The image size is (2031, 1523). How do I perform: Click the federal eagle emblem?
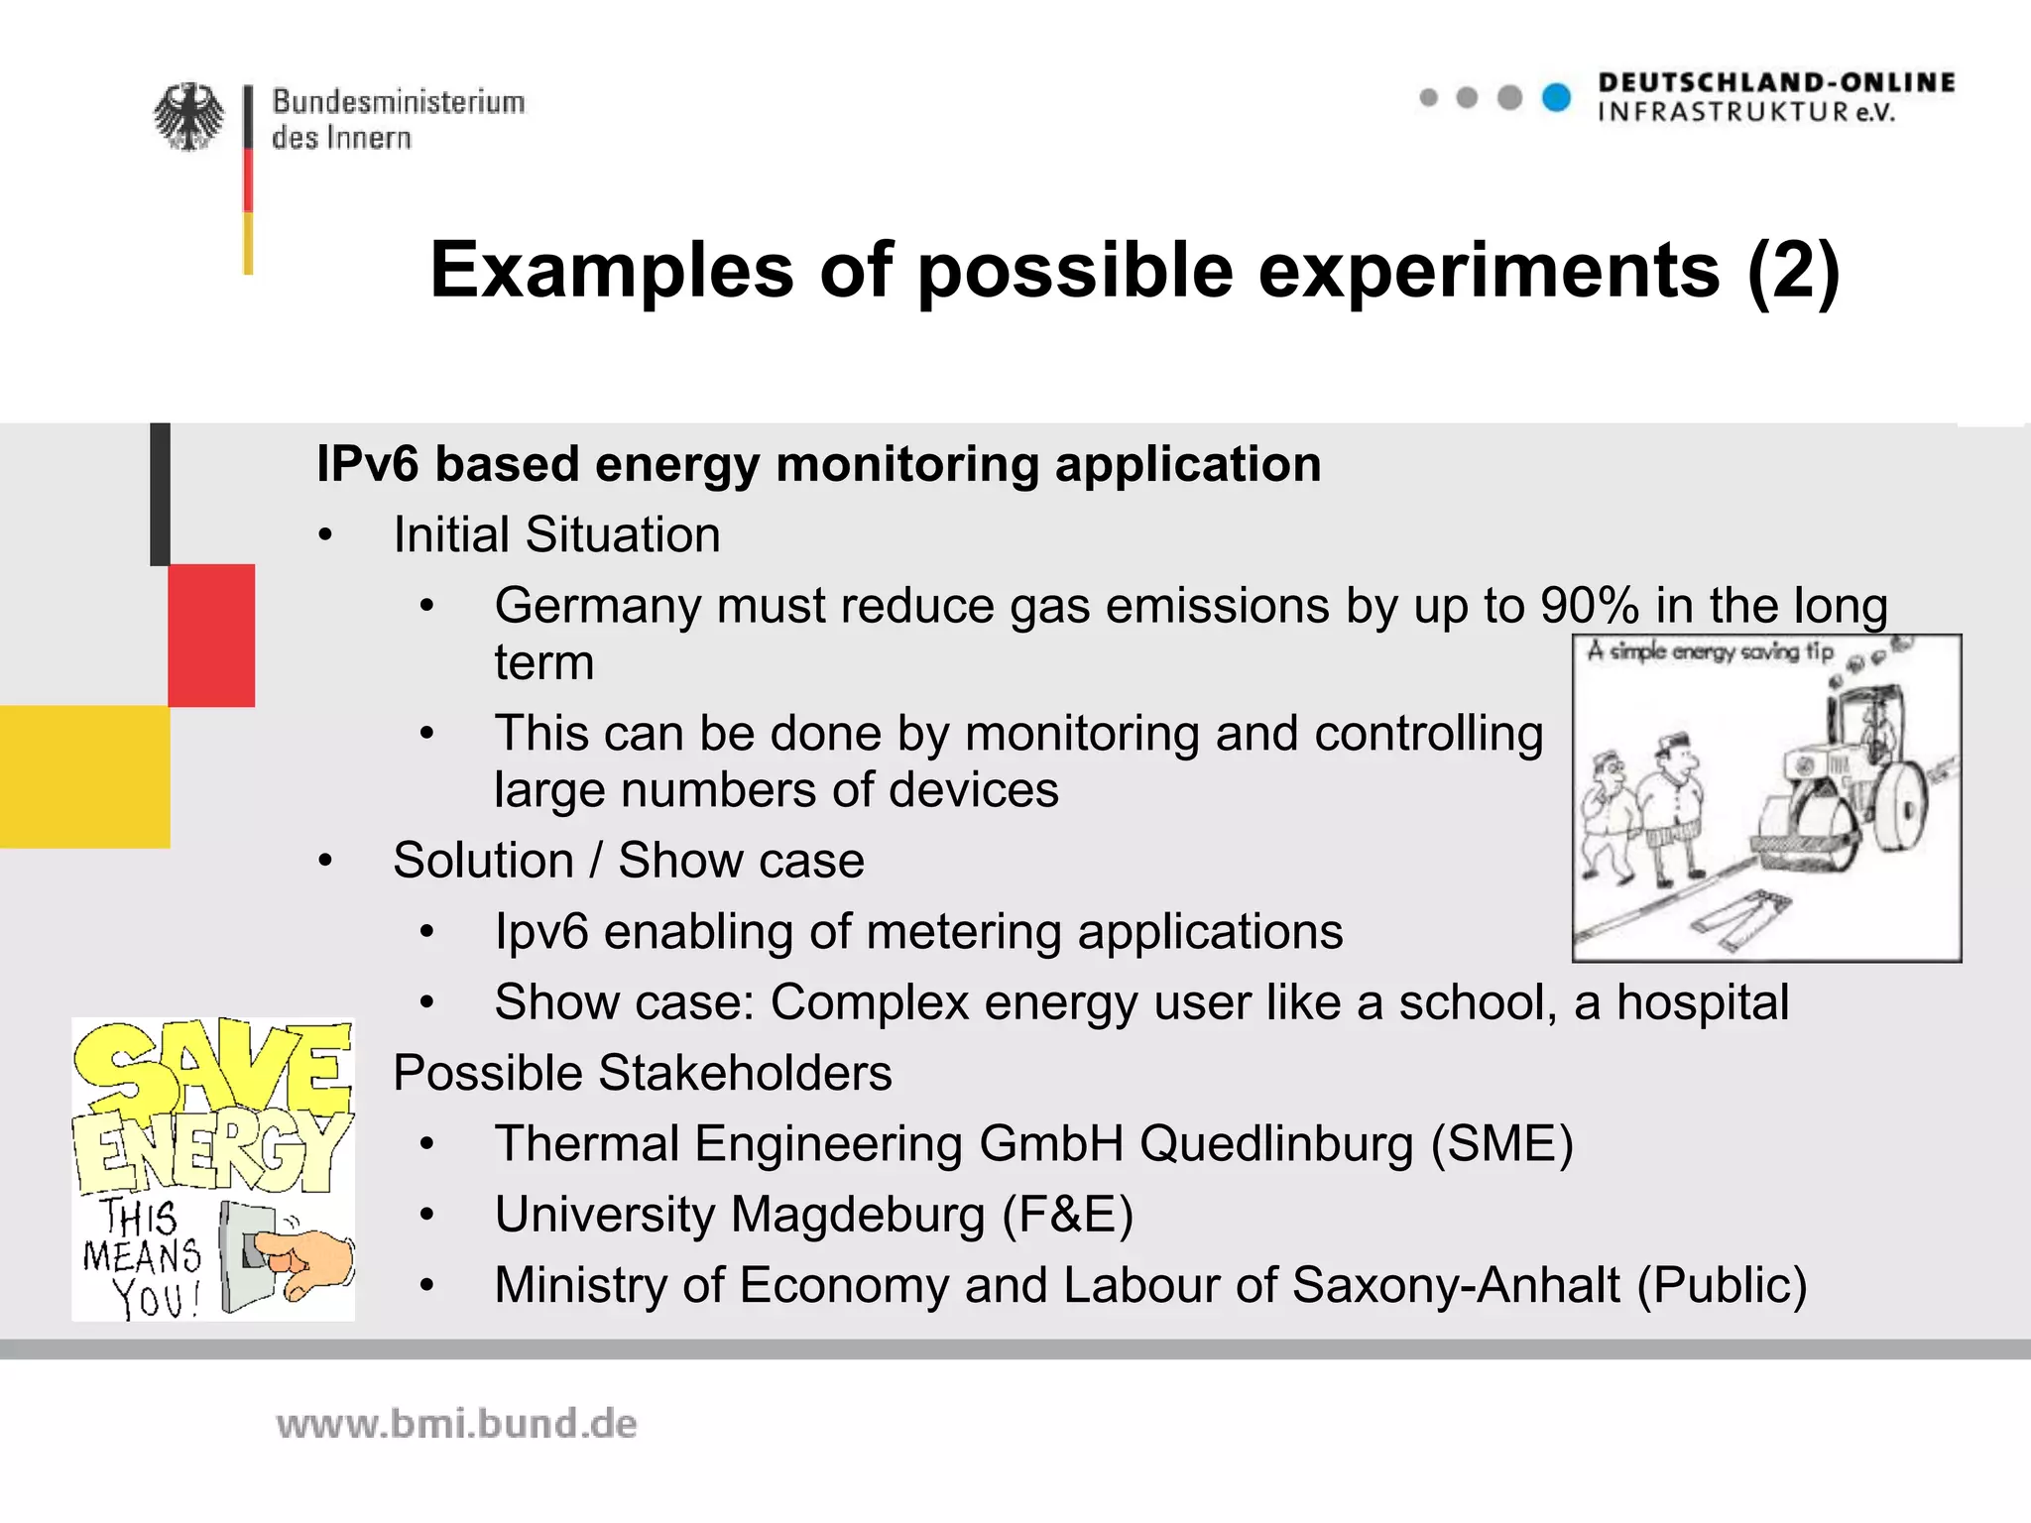tap(188, 117)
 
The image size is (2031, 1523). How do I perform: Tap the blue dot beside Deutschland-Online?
tap(1557, 97)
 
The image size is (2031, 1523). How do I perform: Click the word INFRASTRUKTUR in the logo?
tap(1724, 112)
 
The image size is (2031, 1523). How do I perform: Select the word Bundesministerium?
tap(399, 101)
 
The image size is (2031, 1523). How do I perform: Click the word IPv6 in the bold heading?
tap(368, 464)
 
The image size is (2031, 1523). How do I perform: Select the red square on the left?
tap(211, 635)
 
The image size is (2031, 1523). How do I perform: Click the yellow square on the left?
tap(85, 776)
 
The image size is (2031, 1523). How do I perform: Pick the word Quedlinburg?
tap(1275, 1143)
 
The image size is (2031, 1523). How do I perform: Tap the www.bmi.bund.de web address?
tap(456, 1424)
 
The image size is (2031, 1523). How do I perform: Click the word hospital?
tap(1703, 1002)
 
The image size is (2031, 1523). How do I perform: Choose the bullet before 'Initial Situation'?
tap(325, 535)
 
